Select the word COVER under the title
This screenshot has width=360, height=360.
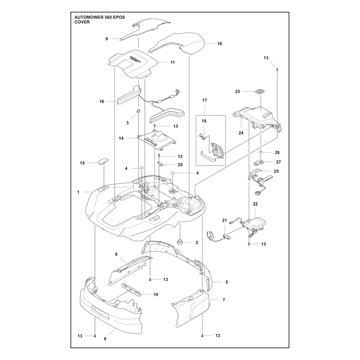82,22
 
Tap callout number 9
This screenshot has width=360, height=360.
107,39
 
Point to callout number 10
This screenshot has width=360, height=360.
220,44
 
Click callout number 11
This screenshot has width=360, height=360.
172,63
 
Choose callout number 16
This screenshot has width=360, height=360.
102,102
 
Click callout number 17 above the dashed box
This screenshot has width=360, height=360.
205,100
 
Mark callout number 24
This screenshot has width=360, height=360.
241,133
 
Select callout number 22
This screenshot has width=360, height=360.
255,204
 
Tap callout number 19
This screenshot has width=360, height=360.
156,295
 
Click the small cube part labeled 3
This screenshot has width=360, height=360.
139,111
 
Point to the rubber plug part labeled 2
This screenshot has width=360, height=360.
180,242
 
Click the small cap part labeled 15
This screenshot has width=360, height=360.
104,161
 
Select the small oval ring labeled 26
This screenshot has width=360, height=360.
261,153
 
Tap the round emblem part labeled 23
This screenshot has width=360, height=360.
260,91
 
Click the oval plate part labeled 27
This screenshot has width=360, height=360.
259,162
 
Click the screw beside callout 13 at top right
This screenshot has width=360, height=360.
277,69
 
